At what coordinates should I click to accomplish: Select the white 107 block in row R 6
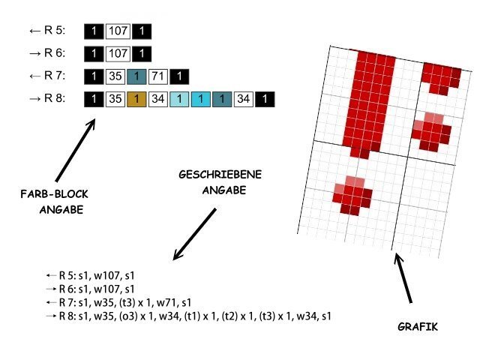(118, 54)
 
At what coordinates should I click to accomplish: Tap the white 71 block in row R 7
(157, 76)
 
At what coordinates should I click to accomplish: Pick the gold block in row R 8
(136, 99)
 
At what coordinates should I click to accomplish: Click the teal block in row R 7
(136, 76)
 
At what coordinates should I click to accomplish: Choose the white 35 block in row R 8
(115, 99)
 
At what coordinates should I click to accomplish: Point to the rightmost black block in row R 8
(264, 99)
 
